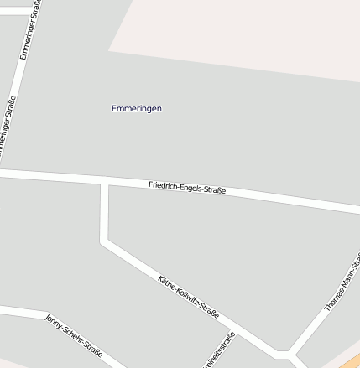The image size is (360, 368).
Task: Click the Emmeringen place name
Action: (137, 108)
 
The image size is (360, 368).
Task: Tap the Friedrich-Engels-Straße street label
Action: (187, 189)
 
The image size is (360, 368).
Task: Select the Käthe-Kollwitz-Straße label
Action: (188, 297)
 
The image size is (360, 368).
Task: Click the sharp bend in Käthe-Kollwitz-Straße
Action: (105, 242)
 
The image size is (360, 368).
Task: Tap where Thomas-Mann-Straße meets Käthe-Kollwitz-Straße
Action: (290, 355)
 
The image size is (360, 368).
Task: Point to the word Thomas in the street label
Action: (333, 298)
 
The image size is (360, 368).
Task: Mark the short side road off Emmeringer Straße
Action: (15, 11)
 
